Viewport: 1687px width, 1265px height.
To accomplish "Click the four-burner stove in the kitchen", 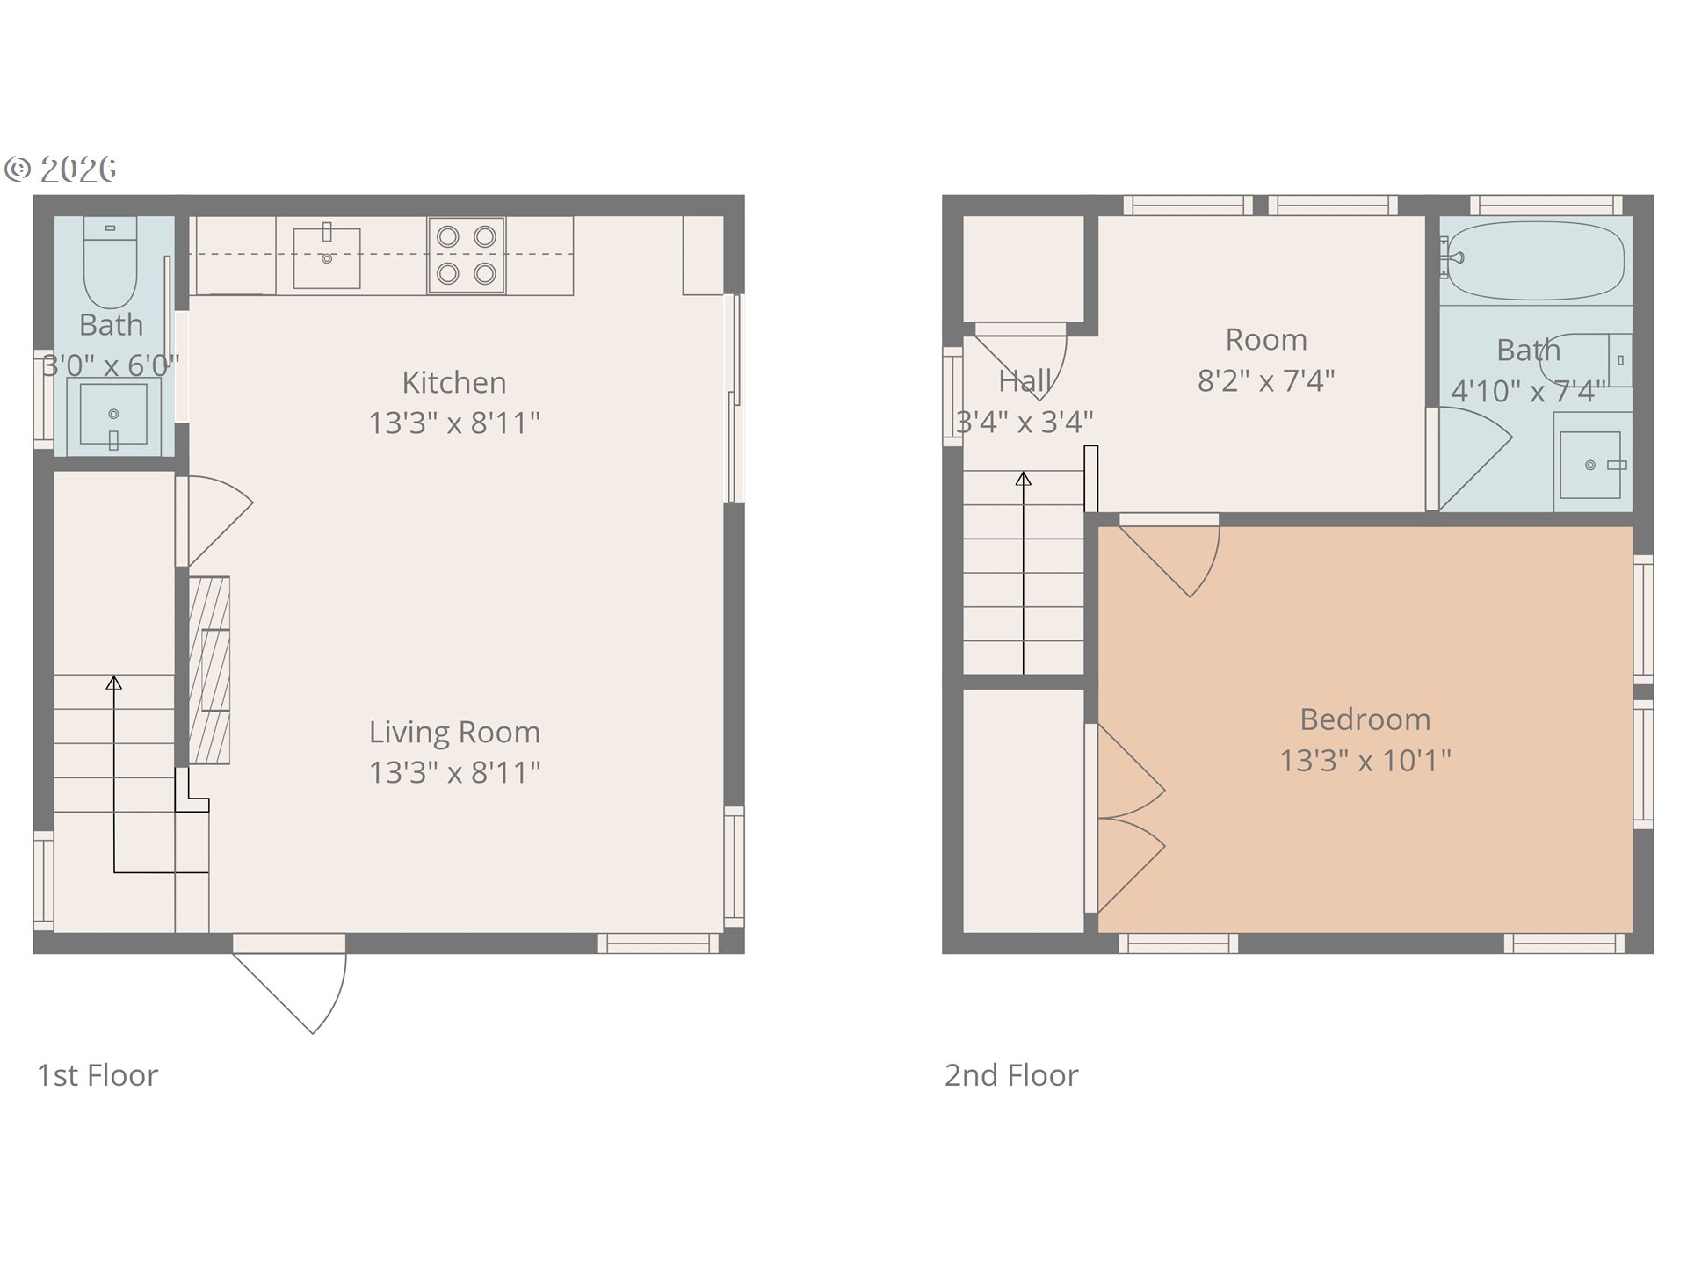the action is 467,255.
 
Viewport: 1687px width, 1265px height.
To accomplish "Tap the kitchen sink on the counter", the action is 327,257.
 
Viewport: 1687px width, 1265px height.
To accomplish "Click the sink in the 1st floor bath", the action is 113,414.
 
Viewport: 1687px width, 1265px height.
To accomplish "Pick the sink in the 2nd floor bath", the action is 1590,466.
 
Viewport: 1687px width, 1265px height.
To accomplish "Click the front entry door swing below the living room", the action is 290,985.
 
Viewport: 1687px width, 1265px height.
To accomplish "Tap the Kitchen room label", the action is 454,382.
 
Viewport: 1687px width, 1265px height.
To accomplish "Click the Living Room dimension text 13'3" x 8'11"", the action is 454,772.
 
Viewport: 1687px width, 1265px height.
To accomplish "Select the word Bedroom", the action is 1365,719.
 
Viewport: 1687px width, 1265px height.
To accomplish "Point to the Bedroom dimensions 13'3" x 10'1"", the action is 1365,760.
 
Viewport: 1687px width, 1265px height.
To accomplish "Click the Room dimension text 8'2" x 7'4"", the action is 1266,380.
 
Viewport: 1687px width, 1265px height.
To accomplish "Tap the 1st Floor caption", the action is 98,1075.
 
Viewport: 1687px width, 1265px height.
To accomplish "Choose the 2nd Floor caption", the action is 1011,1075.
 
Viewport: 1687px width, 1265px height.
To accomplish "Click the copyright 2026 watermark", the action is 61,169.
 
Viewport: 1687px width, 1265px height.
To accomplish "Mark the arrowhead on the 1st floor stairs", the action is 114,683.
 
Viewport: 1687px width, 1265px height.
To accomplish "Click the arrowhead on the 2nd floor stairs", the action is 1024,479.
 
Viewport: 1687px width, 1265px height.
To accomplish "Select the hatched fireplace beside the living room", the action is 209,669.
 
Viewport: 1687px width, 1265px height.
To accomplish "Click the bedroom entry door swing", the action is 1169,555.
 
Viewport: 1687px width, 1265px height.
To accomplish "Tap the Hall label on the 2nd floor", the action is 1025,381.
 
